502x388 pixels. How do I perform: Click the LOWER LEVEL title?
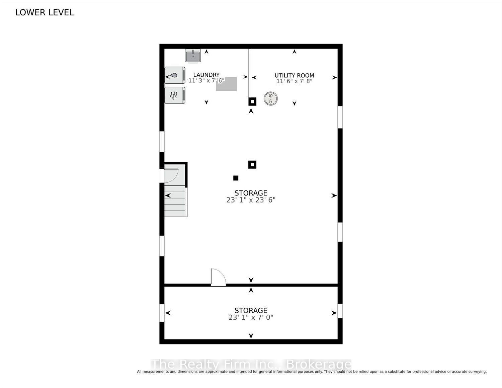click(x=45, y=12)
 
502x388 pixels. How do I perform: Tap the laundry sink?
click(x=193, y=56)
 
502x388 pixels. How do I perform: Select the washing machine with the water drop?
click(x=175, y=75)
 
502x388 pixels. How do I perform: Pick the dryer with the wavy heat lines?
click(x=175, y=95)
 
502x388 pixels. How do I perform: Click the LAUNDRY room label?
click(x=206, y=75)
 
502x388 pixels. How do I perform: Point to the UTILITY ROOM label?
click(x=294, y=75)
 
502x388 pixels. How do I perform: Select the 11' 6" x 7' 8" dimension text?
click(x=294, y=81)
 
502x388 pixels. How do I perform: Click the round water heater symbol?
click(x=270, y=98)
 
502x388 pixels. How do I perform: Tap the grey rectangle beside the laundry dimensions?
click(x=226, y=84)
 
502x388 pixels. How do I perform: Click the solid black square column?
click(x=236, y=178)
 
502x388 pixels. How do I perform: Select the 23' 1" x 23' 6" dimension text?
click(x=251, y=200)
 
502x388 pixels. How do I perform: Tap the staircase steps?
click(x=175, y=201)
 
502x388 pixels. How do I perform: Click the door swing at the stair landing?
click(x=171, y=176)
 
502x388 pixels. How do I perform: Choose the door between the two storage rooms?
click(x=218, y=277)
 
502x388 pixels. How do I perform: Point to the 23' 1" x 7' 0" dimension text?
click(x=251, y=317)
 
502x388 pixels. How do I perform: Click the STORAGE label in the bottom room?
click(x=251, y=310)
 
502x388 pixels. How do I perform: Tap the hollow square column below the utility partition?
click(x=252, y=101)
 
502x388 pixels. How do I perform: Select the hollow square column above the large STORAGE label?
click(x=252, y=165)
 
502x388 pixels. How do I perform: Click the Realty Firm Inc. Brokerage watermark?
click(x=251, y=365)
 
